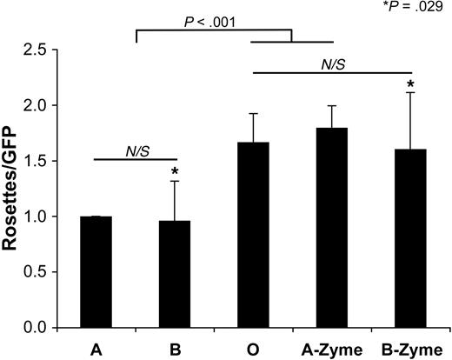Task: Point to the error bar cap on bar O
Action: pyautogui.click(x=253, y=113)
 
